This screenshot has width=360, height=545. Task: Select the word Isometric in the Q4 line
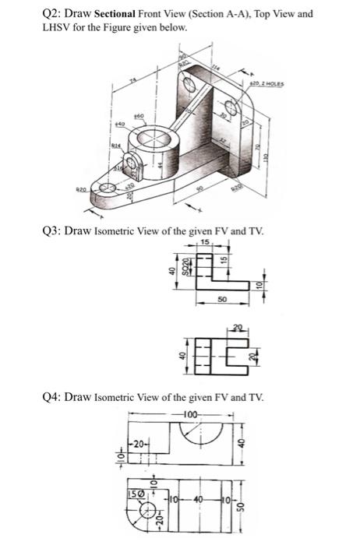122,397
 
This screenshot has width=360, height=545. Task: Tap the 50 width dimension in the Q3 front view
222,298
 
